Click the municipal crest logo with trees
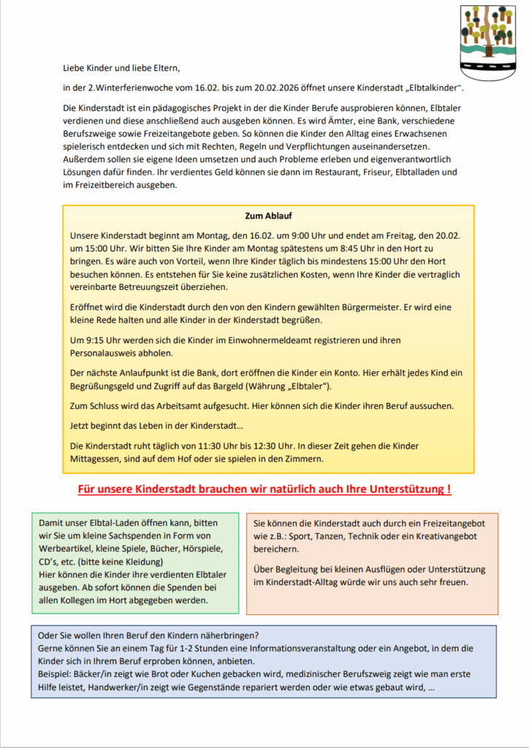click(487, 37)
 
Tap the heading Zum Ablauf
click(268, 216)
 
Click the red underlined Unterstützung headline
click(264, 489)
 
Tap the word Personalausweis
click(107, 354)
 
